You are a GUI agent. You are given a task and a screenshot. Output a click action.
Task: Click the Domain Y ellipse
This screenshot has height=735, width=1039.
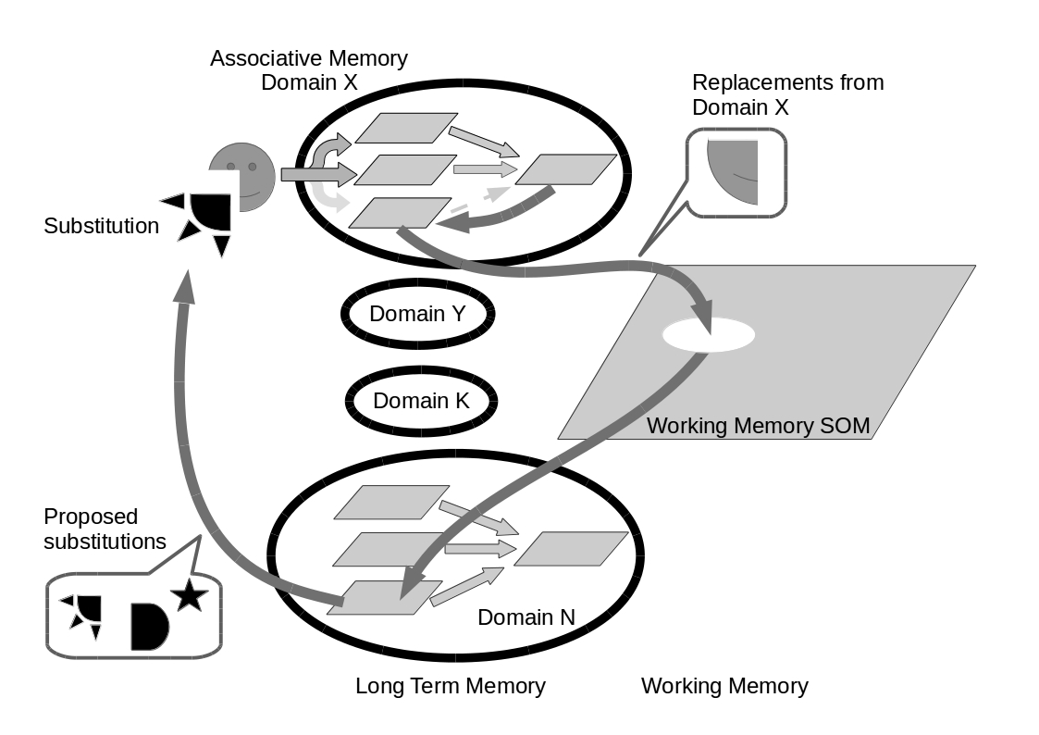[417, 314]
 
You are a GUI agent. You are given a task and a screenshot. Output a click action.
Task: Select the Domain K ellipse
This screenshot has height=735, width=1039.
[421, 401]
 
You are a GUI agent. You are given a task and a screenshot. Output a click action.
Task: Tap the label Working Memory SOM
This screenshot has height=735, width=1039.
[758, 426]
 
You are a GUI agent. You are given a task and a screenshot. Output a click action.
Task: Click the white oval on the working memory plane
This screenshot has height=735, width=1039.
[708, 334]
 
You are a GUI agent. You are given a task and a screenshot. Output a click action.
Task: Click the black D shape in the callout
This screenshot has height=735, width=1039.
[148, 626]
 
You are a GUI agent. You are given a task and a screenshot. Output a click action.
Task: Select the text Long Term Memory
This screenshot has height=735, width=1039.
[451, 686]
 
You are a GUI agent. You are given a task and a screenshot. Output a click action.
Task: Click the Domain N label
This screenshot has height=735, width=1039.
[526, 617]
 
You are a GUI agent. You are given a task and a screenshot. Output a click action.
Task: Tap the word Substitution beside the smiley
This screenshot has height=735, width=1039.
[101, 225]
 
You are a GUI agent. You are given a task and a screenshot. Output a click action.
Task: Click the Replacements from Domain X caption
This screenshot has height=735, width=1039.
[787, 94]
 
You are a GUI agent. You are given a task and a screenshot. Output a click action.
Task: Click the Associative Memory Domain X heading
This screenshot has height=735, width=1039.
[309, 69]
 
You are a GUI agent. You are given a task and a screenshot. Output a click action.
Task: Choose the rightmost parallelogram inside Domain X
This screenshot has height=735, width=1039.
[565, 169]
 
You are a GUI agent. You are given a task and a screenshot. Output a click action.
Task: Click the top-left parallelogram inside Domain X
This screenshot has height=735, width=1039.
[405, 128]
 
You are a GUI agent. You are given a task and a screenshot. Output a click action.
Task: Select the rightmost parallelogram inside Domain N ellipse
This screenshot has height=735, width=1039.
[570, 548]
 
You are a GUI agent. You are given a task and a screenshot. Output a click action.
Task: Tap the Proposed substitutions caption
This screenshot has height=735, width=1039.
[105, 529]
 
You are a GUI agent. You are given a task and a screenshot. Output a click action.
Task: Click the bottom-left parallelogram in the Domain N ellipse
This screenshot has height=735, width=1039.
[384, 597]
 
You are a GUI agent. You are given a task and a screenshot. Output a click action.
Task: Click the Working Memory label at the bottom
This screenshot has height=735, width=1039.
[724, 686]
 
